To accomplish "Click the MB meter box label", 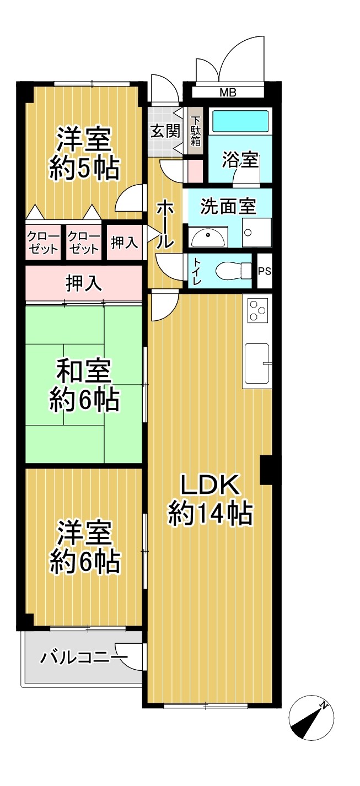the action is coord(228,93).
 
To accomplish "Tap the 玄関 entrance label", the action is coord(165,131).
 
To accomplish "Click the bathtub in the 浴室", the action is coord(241,120).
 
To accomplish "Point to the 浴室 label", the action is coord(240,159).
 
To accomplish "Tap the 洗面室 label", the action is coord(228,206).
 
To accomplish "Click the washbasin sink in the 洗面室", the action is coord(208,238).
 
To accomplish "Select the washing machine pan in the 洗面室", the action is coord(257,232).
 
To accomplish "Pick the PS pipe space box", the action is coord(265,271).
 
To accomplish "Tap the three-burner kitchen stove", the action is coord(259,310).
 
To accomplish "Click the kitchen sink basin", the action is coord(257,363).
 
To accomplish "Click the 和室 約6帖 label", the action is coord(84,385).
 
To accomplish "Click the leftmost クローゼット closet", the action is coord(43,243).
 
